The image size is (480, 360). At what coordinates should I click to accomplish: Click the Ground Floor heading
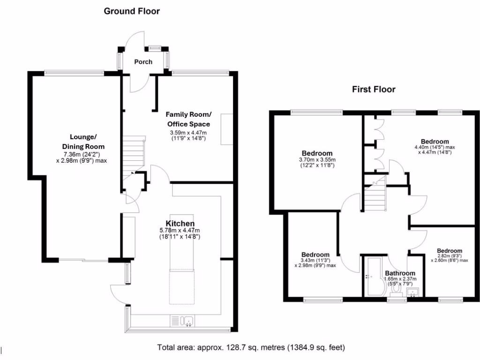132,11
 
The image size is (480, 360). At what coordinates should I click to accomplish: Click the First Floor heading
374,89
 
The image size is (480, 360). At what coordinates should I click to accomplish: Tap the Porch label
143,61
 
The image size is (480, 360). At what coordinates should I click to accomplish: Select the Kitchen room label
180,223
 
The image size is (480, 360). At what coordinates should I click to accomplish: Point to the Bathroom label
400,273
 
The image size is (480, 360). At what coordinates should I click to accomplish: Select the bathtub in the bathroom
374,277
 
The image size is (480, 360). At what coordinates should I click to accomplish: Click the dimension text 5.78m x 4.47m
180,230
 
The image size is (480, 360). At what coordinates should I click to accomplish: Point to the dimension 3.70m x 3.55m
317,160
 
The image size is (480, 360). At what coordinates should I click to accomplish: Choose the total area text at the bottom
251,348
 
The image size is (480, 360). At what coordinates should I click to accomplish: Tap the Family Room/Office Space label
188,119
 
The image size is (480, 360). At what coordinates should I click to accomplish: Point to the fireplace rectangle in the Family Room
226,129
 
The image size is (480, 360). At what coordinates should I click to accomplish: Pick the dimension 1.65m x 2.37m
400,279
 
